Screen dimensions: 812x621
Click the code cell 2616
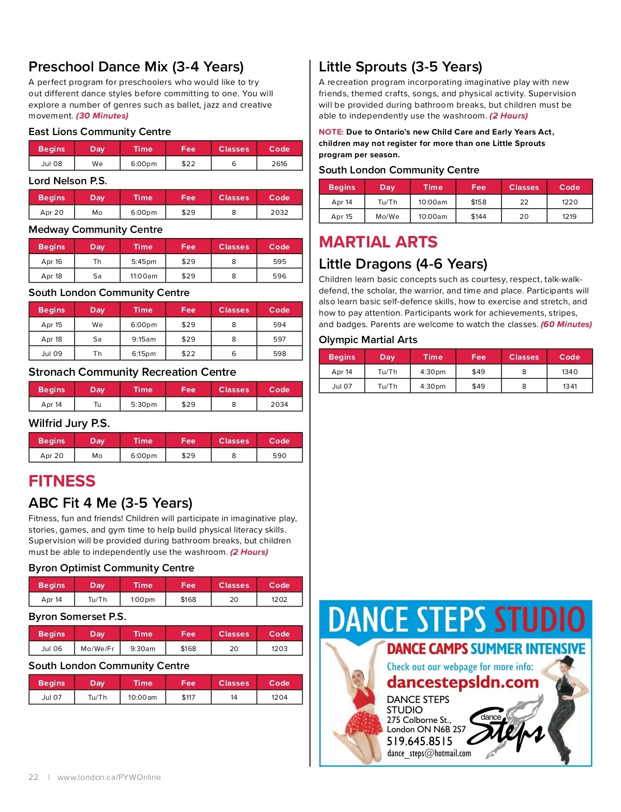[x=279, y=164]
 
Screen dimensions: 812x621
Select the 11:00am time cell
[x=143, y=276]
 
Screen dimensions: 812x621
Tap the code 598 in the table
[x=279, y=353]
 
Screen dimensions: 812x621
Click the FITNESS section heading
[x=62, y=481]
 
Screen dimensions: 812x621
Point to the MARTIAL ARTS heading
[x=378, y=242]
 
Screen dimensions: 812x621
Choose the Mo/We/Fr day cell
[x=97, y=648]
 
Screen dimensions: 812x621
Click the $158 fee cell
[x=478, y=202]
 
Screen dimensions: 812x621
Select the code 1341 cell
[x=569, y=386]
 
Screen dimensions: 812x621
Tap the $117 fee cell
[x=188, y=697]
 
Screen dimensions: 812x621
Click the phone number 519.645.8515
[x=420, y=741]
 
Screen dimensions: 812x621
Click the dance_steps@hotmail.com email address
[x=429, y=754]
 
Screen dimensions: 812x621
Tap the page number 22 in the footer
[x=34, y=777]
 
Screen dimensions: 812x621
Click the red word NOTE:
[x=331, y=132]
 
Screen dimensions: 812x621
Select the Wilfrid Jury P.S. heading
[x=69, y=423]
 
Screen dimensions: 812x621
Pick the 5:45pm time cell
[x=143, y=261]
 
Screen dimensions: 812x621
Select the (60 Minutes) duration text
[x=566, y=324]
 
